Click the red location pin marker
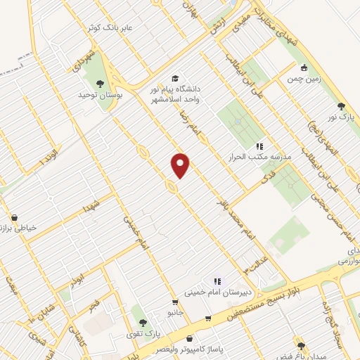181,165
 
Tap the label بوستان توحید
96,94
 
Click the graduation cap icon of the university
174,79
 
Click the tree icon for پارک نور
341,107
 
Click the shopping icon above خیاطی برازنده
15,218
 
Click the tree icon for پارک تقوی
143,323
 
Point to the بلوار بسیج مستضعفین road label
278,295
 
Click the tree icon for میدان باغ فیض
302,345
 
